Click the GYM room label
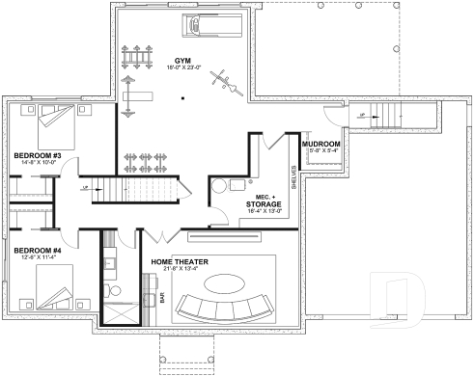[x=183, y=60]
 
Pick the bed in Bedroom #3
[x=55, y=121]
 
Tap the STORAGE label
[x=263, y=204]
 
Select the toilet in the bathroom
[x=113, y=289]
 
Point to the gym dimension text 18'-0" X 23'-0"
[x=183, y=68]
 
